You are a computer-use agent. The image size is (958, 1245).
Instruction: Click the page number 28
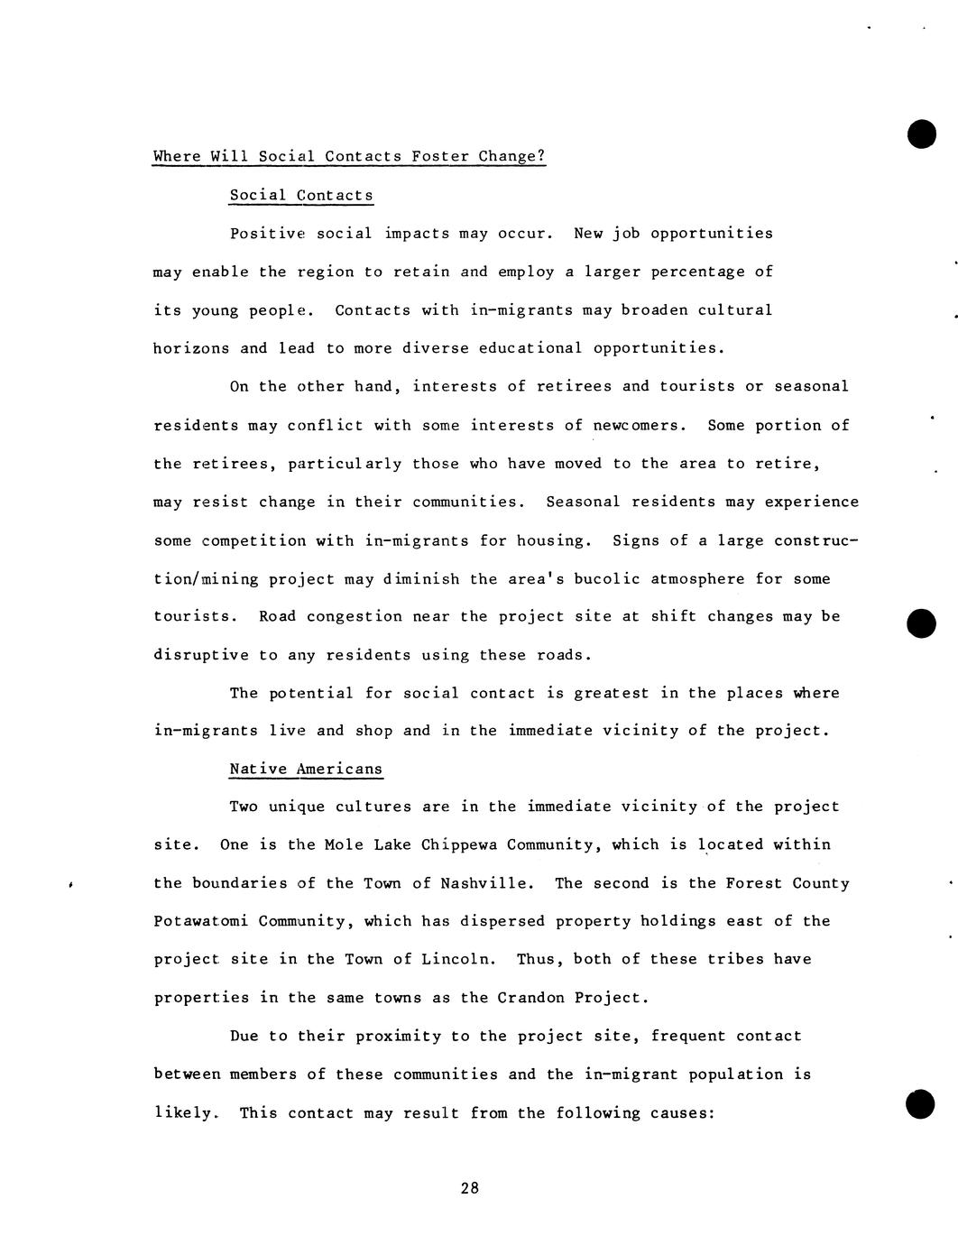[469, 1188]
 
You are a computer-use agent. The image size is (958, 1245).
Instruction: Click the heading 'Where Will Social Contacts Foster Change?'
[349, 156]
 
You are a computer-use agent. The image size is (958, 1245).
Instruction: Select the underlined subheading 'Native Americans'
[306, 770]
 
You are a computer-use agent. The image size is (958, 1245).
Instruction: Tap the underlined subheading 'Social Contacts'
[301, 195]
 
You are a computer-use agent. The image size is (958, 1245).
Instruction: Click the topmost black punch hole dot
[921, 134]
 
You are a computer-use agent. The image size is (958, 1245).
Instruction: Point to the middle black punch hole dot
[921, 623]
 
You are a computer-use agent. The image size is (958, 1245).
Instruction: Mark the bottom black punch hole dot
[920, 1104]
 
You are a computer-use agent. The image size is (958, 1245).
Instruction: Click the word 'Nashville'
[487, 883]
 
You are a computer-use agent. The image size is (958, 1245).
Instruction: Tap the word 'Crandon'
[530, 998]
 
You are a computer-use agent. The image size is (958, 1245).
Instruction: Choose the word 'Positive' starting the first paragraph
[268, 234]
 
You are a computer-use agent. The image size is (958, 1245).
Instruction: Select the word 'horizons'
[191, 348]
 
